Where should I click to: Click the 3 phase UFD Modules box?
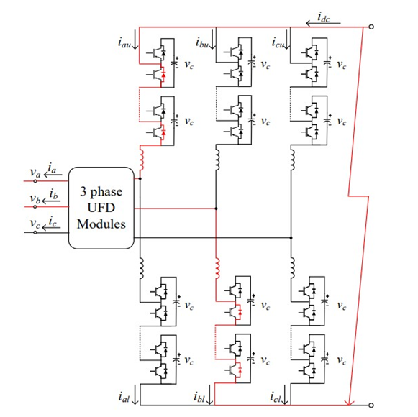(101, 208)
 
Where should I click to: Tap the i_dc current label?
(324, 17)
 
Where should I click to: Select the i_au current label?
(124, 42)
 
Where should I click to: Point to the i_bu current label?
(202, 42)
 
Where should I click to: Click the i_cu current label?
(278, 42)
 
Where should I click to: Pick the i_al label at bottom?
(124, 397)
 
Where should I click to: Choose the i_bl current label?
(199, 397)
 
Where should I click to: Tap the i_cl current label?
(276, 397)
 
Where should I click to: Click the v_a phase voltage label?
(35, 173)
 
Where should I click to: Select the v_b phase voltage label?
(35, 198)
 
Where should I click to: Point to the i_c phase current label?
(53, 221)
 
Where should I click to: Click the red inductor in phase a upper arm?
(141, 160)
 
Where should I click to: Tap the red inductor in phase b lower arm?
(217, 268)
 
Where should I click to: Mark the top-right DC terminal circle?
(371, 27)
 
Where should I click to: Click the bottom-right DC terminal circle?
(371, 405)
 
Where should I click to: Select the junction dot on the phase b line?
(217, 208)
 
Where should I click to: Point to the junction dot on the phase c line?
(291, 237)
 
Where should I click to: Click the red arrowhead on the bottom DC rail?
(349, 403)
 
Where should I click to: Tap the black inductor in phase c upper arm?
(293, 160)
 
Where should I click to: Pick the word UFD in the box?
(101, 208)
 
